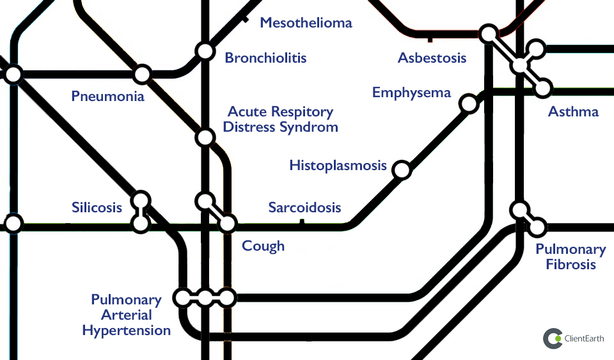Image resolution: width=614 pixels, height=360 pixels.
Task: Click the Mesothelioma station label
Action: coord(306,23)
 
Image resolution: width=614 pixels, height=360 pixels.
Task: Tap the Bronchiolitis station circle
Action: coord(205,51)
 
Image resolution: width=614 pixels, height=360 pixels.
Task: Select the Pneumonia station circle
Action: coord(142,75)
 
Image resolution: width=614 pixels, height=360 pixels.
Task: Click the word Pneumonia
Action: coord(107,97)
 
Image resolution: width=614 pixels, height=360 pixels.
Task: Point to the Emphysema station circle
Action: coord(469,104)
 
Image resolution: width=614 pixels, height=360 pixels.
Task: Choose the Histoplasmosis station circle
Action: coord(401,169)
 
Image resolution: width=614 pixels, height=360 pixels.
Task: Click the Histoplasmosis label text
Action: coord(338,166)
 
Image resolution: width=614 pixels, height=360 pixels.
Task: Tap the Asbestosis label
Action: coord(432,58)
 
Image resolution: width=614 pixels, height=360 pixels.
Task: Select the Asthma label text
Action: coord(573,112)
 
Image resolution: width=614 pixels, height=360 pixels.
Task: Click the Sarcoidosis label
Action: coord(304,208)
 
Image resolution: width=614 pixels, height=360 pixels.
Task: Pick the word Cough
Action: coord(263,246)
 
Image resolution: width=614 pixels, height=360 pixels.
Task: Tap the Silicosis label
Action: coord(97,208)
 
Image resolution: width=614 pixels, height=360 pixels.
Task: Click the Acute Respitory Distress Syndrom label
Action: coord(280,120)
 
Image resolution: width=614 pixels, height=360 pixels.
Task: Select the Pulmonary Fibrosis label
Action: coord(571,257)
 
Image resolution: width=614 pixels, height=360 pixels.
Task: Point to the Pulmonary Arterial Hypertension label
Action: coord(127,315)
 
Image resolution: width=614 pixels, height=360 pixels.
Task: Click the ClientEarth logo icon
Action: coord(553,339)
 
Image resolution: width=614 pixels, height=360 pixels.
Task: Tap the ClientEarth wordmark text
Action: coord(584,339)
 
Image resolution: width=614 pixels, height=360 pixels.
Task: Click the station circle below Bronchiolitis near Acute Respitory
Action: coord(205,137)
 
